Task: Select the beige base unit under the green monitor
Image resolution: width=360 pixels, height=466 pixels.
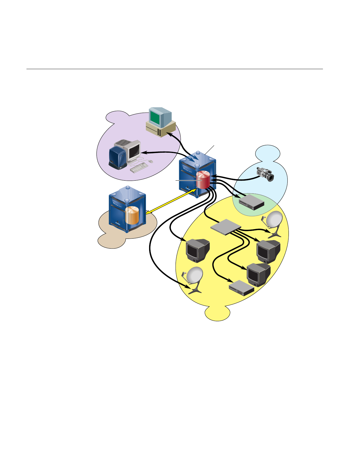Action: click(x=160, y=129)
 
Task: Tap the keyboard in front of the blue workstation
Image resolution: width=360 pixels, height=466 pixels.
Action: click(x=139, y=167)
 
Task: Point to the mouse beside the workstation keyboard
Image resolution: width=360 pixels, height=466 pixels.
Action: click(x=151, y=161)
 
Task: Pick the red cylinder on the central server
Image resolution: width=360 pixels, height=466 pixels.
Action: click(x=203, y=180)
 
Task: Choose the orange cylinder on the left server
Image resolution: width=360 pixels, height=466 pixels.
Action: click(x=132, y=215)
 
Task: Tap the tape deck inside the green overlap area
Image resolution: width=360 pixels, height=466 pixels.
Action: click(x=251, y=202)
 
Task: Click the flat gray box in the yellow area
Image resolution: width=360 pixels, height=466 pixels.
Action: click(x=226, y=227)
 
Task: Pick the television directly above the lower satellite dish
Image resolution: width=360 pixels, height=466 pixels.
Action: click(x=197, y=250)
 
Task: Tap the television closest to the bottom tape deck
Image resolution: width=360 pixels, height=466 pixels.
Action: click(x=258, y=274)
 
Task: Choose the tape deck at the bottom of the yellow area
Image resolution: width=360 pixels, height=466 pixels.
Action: click(x=241, y=288)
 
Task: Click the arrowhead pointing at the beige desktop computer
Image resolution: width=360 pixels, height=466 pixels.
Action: click(x=169, y=134)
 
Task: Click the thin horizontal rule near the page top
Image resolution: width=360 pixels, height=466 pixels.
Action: click(x=175, y=69)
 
